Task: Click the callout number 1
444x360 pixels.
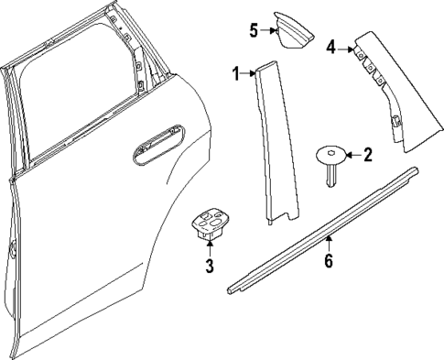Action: pyautogui.click(x=235, y=73)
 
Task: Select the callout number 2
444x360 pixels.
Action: pyautogui.click(x=367, y=155)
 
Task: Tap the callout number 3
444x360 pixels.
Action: pyautogui.click(x=209, y=267)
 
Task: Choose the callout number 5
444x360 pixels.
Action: pyautogui.click(x=254, y=30)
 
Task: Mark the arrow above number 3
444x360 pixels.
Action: pyautogui.click(x=209, y=250)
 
